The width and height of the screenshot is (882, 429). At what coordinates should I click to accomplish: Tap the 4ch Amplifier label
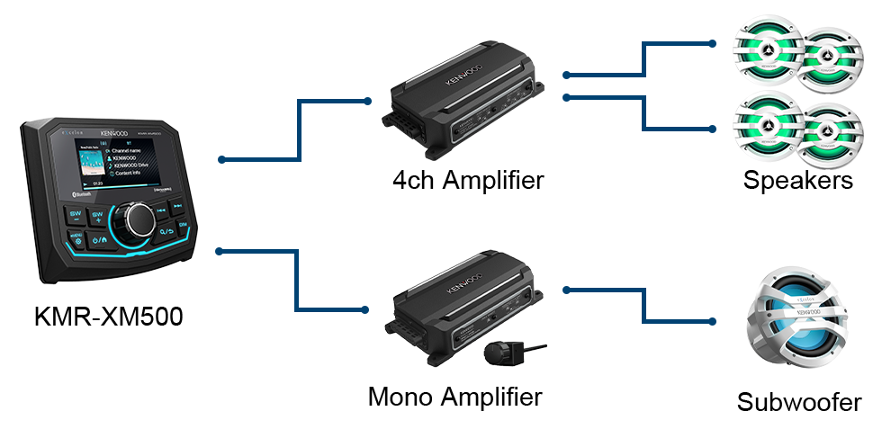(x=468, y=180)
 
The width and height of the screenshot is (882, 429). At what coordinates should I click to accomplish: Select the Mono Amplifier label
(x=455, y=396)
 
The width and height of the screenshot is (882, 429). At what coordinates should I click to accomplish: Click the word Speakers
(x=798, y=181)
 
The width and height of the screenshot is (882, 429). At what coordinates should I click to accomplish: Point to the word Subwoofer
(x=798, y=402)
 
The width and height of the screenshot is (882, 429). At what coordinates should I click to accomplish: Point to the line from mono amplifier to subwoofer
(x=643, y=306)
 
